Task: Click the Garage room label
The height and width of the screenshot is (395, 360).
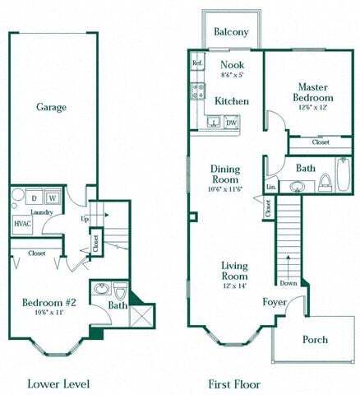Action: click(x=51, y=107)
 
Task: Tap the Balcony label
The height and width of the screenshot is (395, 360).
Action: click(x=231, y=32)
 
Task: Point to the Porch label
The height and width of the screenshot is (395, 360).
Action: click(x=315, y=339)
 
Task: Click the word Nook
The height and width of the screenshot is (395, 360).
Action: click(x=232, y=64)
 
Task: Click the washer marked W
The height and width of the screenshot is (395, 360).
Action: click(x=51, y=198)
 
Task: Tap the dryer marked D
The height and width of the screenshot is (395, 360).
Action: click(x=34, y=198)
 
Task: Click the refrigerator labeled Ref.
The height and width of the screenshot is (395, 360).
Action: click(x=197, y=63)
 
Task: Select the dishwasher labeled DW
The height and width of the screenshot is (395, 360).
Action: click(x=232, y=123)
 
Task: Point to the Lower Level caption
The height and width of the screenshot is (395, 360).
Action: click(x=58, y=383)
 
